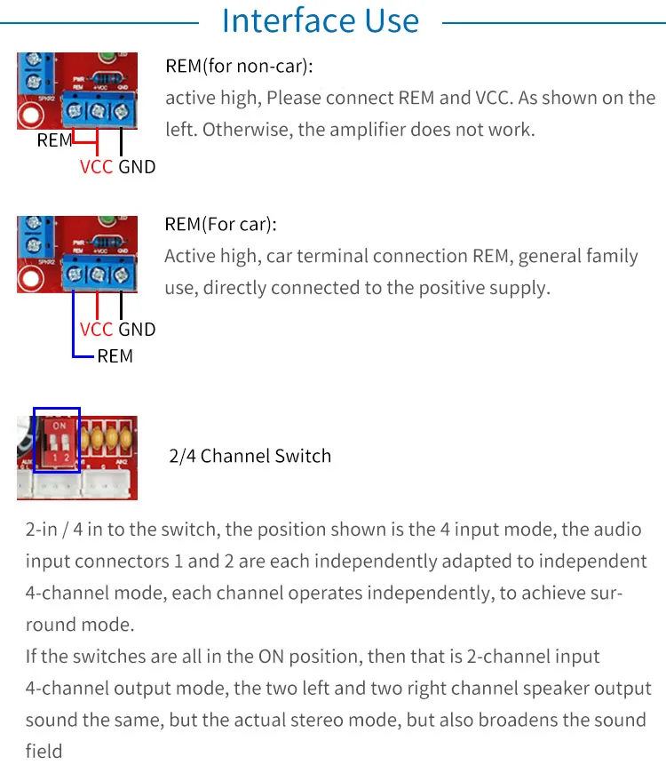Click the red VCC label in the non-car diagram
pos(96,166)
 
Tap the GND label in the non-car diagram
pos(137,166)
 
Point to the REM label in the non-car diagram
pos(54,140)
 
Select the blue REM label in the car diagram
pos(115,356)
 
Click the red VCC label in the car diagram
pos(96,330)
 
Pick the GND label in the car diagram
pos(137,330)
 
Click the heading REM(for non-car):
pos(239,67)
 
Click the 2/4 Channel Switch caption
pos(250,456)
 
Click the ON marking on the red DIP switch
pos(59,426)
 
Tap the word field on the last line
pos(44,751)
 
